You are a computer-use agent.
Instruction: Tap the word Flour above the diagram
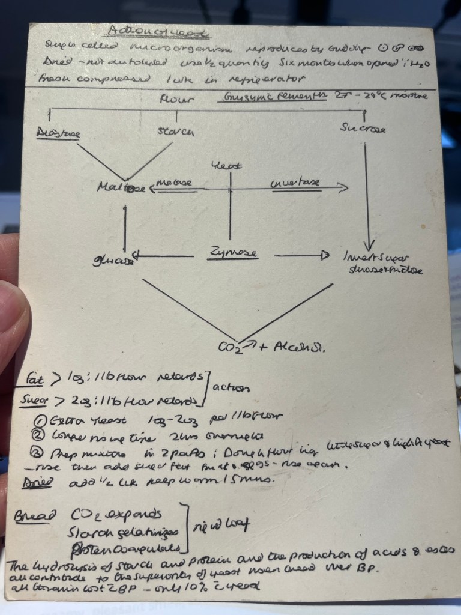pos(177,100)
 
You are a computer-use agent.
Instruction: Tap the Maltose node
pos(120,187)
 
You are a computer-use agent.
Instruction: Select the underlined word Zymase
pos(234,253)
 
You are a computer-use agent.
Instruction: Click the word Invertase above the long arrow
pos(295,181)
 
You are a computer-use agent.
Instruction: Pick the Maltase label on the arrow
pos(174,182)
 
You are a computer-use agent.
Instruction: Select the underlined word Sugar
pos(34,399)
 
